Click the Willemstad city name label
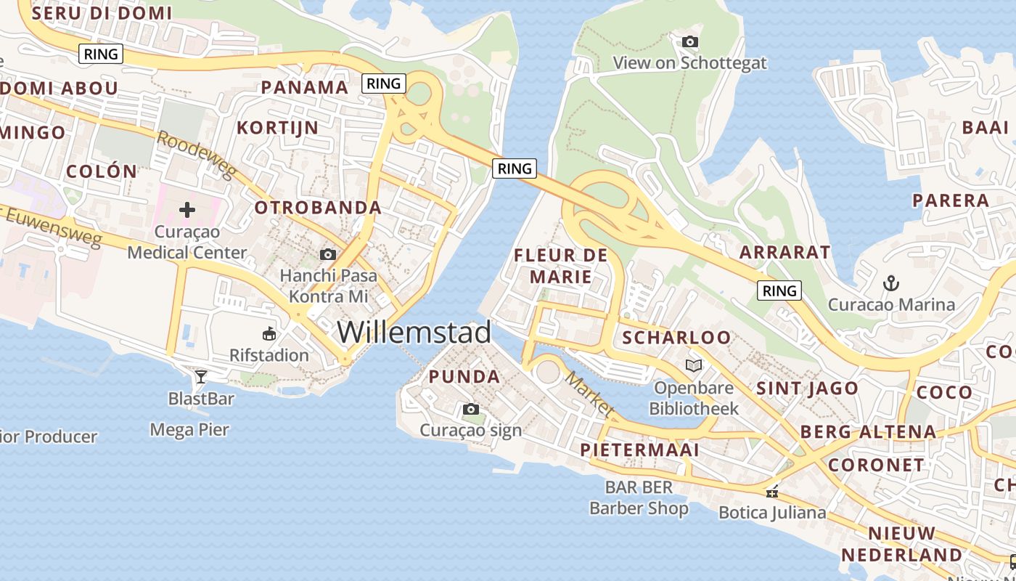[414, 333]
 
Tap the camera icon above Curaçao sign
[471, 410]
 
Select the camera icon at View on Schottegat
[690, 42]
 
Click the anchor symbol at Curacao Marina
[890, 283]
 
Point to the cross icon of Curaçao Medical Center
[187, 211]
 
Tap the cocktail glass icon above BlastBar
[201, 376]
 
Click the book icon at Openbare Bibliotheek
[694, 365]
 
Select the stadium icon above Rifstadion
[269, 334]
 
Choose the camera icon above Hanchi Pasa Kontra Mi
[328, 254]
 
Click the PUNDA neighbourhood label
[464, 377]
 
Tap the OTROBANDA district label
[318, 208]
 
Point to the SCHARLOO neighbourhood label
[676, 338]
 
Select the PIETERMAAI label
[639, 450]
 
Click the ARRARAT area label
[784, 253]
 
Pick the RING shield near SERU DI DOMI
[101, 54]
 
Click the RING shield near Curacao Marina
[780, 291]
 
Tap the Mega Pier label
[189, 430]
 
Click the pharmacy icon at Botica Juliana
[772, 492]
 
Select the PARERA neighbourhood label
[951, 200]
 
